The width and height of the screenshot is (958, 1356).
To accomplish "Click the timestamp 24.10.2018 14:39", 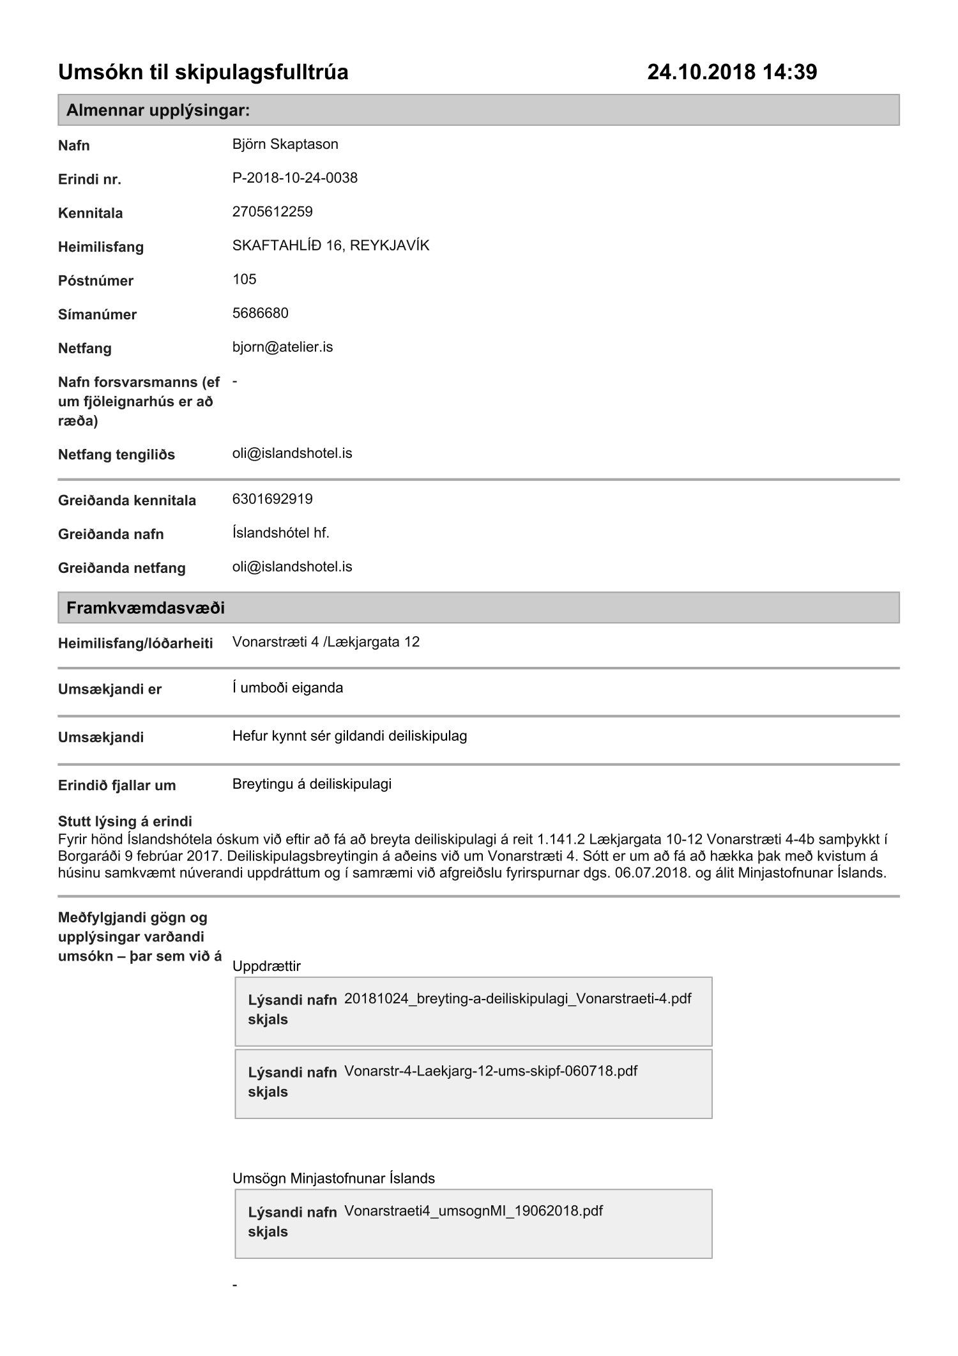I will click(x=732, y=72).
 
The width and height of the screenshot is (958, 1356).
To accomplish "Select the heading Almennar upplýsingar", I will click(x=158, y=110).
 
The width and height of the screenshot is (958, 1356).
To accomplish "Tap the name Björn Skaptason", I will click(x=285, y=144).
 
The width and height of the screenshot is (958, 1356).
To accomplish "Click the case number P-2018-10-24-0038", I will click(x=294, y=178).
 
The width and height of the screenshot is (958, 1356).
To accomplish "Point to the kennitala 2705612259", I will click(x=272, y=211).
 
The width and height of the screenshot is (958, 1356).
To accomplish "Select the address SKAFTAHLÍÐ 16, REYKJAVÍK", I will click(x=330, y=245).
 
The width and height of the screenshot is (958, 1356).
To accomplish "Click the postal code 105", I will click(x=244, y=279).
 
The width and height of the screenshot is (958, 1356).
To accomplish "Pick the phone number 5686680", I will click(x=260, y=313).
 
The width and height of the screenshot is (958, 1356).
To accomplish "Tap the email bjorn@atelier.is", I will click(x=282, y=347).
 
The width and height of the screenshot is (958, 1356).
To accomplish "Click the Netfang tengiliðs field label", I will click(x=116, y=455).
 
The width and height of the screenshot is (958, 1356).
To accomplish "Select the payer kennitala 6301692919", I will click(x=272, y=499).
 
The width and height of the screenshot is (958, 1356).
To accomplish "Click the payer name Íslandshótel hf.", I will click(x=280, y=533).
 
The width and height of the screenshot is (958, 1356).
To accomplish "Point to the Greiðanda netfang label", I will click(x=121, y=568).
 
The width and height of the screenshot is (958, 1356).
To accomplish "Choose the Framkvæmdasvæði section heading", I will click(x=145, y=607).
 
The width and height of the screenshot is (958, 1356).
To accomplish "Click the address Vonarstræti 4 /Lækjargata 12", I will click(x=326, y=642).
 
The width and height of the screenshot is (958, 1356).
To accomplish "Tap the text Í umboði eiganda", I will click(x=287, y=688).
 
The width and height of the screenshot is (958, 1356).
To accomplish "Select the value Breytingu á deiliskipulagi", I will click(x=312, y=784).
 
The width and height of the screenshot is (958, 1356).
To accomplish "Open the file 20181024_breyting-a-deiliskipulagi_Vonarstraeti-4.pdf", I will click(x=517, y=998).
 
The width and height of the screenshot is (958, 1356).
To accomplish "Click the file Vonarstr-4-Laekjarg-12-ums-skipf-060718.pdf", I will click(x=490, y=1070).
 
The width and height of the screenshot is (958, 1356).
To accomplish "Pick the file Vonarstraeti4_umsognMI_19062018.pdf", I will click(x=473, y=1210).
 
